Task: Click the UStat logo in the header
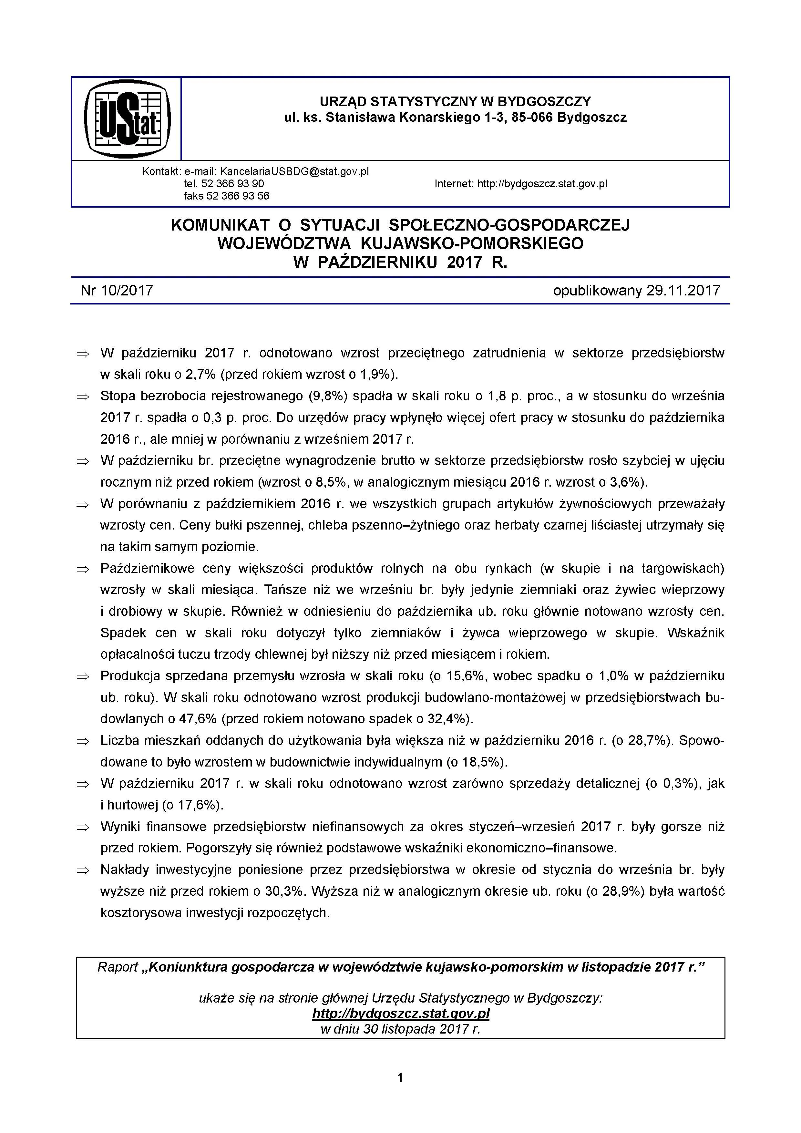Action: point(127,119)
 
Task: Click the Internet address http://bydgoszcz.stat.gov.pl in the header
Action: point(542,184)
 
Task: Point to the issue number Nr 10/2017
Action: point(117,290)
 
